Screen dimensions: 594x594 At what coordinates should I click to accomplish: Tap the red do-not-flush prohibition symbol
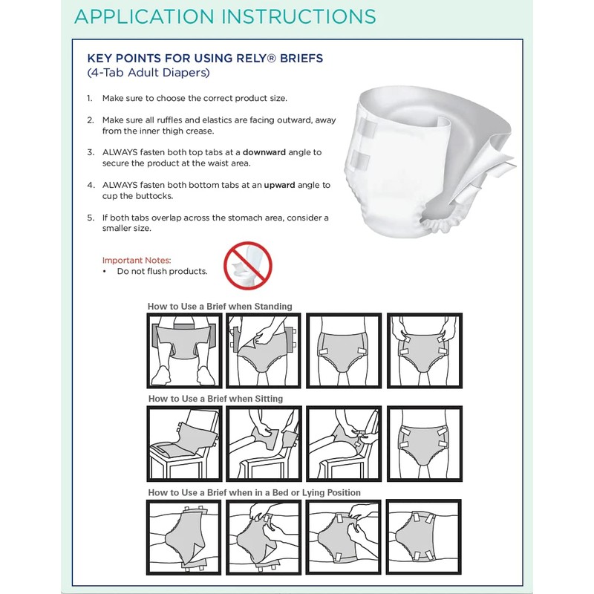248,265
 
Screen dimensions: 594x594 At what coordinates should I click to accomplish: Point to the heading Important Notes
137,261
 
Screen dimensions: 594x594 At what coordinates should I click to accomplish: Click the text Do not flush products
162,272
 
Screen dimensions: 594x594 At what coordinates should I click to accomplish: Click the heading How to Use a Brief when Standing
220,306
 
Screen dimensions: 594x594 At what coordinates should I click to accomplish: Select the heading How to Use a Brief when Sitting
215,399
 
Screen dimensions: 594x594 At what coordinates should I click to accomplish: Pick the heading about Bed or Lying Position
254,492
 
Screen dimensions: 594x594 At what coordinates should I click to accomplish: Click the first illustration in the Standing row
184,351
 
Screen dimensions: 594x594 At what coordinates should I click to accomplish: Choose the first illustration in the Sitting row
184,444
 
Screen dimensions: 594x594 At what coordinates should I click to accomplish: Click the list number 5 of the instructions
90,218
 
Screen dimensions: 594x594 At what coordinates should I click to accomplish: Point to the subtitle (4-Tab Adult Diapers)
149,73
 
